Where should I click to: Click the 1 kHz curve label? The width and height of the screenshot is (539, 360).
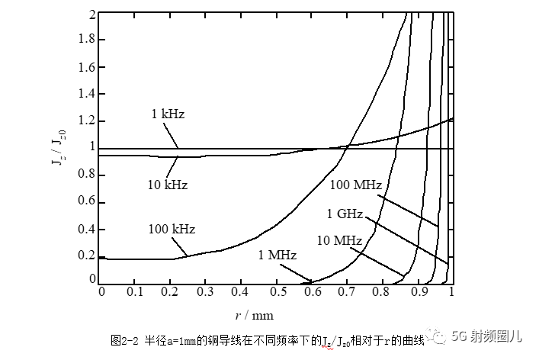pyautogui.click(x=167, y=114)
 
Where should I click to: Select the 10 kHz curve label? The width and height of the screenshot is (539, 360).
pyautogui.click(x=167, y=185)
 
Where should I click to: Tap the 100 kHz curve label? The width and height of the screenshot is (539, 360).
pyautogui.click(x=172, y=229)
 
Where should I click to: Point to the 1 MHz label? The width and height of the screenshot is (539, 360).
pyautogui.click(x=277, y=255)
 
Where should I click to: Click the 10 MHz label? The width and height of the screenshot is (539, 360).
pyautogui.click(x=338, y=240)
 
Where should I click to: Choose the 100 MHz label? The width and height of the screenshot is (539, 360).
pyautogui.click(x=356, y=184)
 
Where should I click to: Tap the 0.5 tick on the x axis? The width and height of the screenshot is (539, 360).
pyautogui.click(x=277, y=292)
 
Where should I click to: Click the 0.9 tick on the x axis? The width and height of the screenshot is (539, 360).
pyautogui.click(x=417, y=292)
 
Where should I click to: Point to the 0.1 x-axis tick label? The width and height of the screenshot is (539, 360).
pyautogui.click(x=135, y=292)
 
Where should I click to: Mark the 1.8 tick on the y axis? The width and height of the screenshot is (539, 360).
pyautogui.click(x=87, y=40)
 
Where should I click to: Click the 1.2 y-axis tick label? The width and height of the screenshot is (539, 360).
pyautogui.click(x=87, y=121)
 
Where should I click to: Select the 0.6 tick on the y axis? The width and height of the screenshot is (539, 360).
pyautogui.click(x=87, y=202)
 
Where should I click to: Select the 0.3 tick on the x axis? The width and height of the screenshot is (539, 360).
pyautogui.click(x=206, y=292)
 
